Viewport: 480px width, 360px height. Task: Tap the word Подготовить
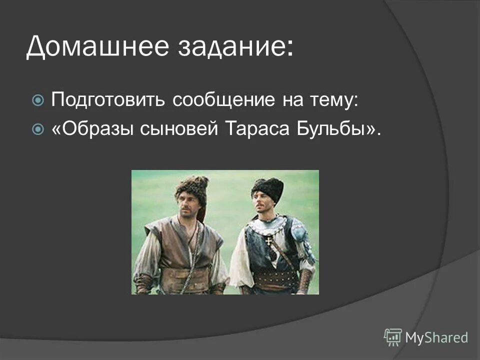[x=108, y=99]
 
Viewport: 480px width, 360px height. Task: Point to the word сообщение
[x=224, y=100]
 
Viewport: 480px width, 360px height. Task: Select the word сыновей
[x=179, y=128]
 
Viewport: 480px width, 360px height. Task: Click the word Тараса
[x=257, y=128]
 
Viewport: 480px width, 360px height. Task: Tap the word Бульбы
[x=332, y=128]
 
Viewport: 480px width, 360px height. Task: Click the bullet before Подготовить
[x=38, y=100]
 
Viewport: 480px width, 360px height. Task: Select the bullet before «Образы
[x=38, y=129]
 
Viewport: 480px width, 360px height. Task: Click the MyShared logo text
[x=436, y=337]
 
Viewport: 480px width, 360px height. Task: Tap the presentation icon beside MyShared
[x=393, y=337]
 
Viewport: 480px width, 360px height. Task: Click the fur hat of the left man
[x=192, y=187]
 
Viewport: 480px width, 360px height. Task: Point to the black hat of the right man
[x=268, y=187]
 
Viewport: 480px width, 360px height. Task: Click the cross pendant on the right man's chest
[x=268, y=241]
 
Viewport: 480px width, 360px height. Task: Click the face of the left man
[x=189, y=205]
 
